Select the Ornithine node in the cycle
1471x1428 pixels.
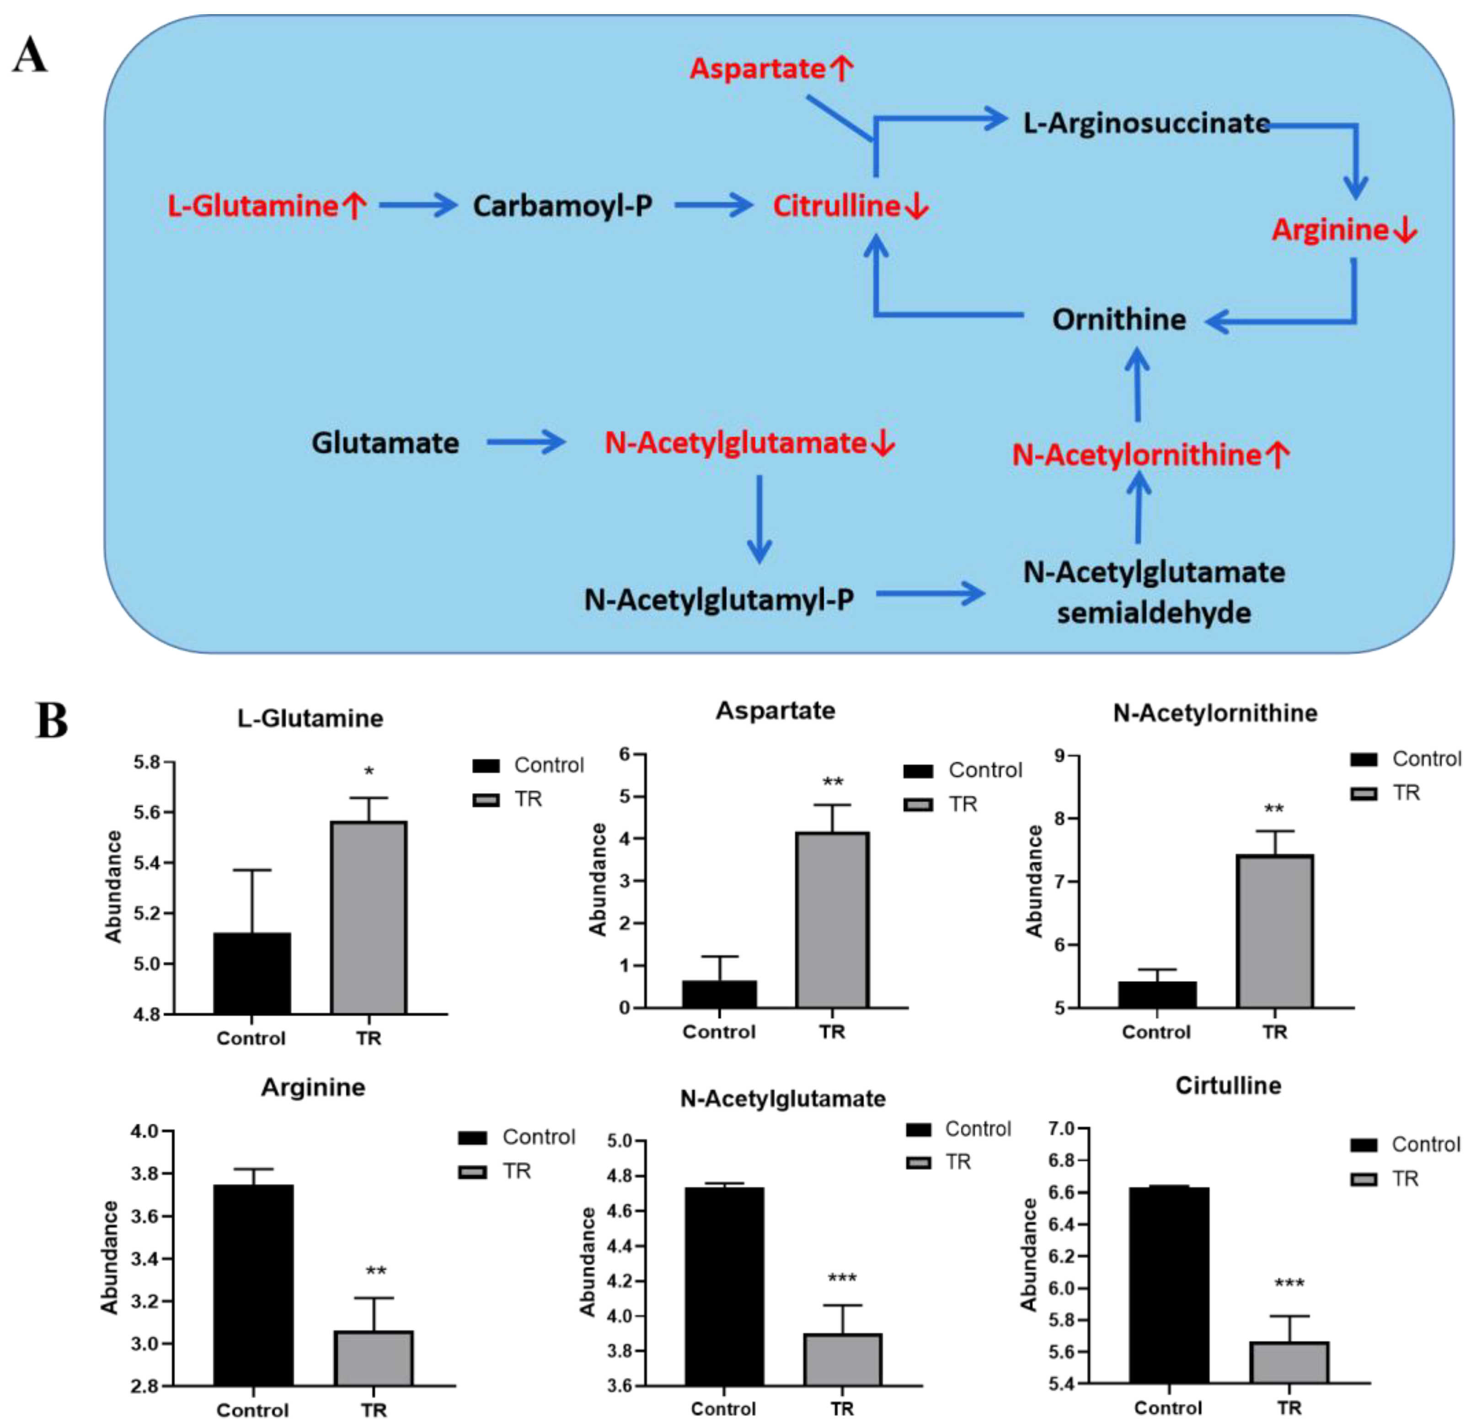pyautogui.click(x=1118, y=320)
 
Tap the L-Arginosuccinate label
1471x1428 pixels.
pyautogui.click(x=1146, y=123)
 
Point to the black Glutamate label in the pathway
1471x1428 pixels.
pyautogui.click(x=385, y=443)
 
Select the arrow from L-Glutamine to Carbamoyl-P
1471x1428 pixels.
pyautogui.click(x=418, y=204)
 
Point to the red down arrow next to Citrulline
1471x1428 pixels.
pyautogui.click(x=916, y=206)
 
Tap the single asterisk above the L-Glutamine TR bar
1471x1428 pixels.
pyautogui.click(x=369, y=772)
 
